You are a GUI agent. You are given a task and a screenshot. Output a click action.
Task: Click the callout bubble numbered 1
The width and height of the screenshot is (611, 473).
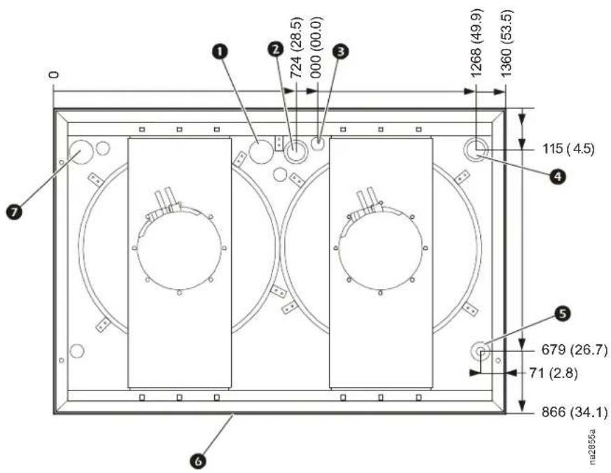tap(220, 51)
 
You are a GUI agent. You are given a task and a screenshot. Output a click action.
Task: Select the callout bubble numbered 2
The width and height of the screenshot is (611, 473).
tap(276, 49)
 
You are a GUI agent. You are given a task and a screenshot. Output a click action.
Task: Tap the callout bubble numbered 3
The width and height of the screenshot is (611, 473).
tap(341, 51)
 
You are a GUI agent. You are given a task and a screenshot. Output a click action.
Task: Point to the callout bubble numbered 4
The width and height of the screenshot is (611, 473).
tap(558, 176)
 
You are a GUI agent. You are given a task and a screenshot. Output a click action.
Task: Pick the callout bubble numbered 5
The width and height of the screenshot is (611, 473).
tap(562, 313)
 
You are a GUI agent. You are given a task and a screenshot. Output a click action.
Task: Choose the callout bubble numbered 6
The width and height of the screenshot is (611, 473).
tap(198, 462)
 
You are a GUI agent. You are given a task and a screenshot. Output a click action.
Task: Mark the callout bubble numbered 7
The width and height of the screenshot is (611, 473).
tap(15, 212)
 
